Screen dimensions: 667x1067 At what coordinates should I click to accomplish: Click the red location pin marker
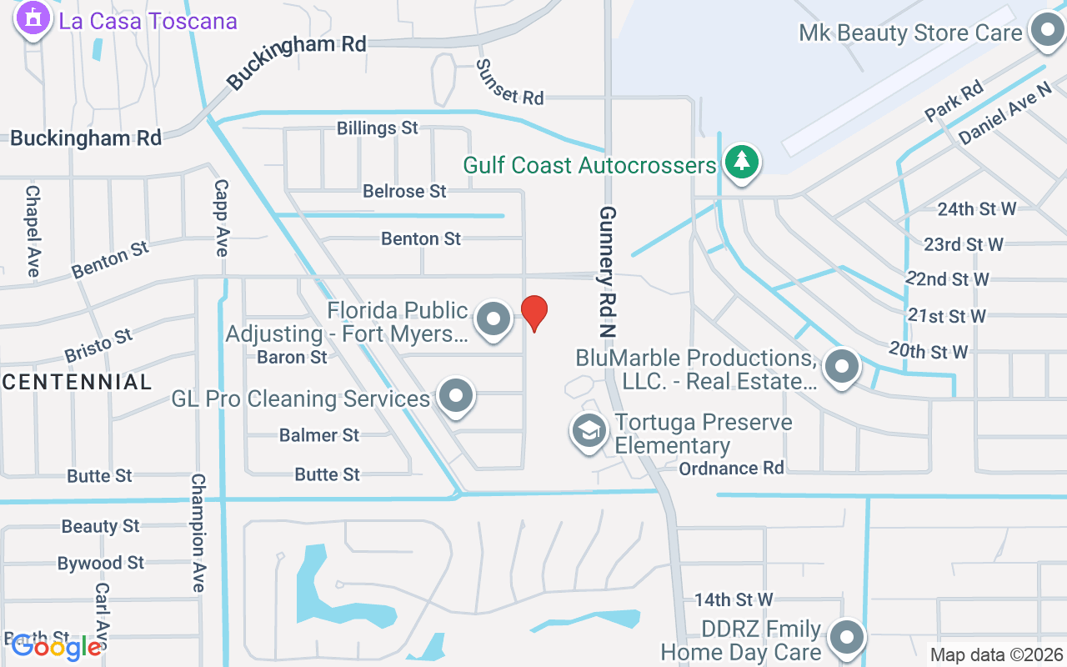533,313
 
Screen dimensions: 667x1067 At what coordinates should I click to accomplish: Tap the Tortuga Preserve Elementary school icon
589,430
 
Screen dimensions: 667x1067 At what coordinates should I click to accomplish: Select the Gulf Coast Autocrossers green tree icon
741,161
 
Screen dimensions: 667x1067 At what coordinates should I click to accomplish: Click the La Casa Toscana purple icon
33,18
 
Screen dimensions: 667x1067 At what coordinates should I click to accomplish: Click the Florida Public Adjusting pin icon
493,318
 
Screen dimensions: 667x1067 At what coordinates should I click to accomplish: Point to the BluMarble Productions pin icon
842,365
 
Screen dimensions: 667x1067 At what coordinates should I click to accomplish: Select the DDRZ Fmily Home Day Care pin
849,637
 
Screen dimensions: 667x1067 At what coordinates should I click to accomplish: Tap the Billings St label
378,128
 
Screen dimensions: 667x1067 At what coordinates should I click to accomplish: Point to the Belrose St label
404,191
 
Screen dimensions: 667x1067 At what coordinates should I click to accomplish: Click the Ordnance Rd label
731,468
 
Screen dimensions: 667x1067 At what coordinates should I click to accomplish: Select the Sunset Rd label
510,82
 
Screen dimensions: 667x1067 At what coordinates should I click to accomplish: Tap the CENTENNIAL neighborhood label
78,383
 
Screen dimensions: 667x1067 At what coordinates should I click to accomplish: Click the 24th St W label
976,209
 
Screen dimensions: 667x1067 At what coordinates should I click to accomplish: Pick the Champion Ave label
198,533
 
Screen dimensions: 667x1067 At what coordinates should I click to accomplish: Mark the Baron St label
293,357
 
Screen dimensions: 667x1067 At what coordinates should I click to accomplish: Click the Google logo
56,646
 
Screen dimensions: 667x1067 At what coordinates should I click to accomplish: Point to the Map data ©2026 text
997,654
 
